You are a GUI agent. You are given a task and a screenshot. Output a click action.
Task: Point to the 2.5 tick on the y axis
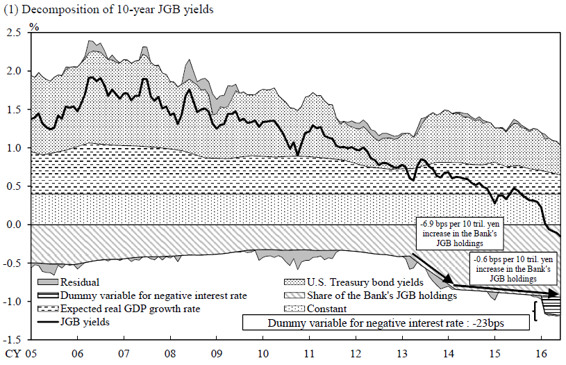(13, 33)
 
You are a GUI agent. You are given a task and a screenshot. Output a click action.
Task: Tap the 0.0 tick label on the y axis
(13, 225)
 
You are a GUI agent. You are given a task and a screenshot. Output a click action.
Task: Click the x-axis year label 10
(263, 353)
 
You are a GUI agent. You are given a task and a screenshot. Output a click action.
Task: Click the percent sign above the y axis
(33, 27)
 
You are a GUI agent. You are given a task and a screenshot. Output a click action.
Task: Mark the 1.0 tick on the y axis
(13, 148)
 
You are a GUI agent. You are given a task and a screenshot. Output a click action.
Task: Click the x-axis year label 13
(403, 353)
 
